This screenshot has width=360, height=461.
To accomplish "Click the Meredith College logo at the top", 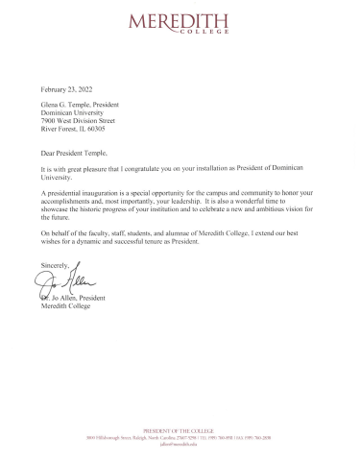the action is point(180,23).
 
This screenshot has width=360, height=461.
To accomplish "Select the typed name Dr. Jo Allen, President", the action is point(77,300).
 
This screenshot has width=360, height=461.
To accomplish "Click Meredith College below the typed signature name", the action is point(63,308).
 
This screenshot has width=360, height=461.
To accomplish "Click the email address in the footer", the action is point(180,447).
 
